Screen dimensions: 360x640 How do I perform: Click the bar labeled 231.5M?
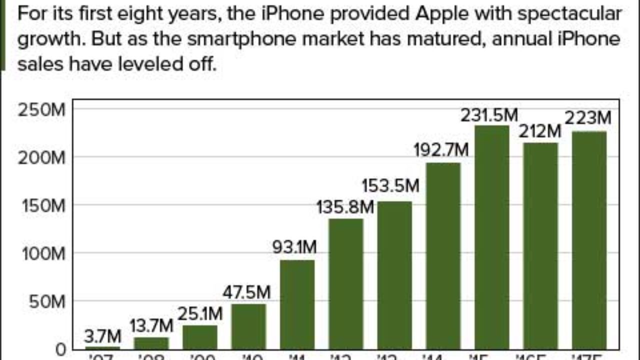(492, 237)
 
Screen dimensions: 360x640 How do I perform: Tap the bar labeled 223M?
(589, 240)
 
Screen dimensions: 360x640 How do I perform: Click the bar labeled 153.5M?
(394, 275)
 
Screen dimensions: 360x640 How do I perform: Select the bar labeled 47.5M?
(248, 326)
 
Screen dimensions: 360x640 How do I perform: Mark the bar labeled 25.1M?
(200, 337)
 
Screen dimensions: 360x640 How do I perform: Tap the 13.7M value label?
(151, 326)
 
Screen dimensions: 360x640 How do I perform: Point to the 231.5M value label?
(489, 115)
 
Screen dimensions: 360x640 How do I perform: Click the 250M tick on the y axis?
(42, 109)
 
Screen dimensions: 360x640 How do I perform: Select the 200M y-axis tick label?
(42, 158)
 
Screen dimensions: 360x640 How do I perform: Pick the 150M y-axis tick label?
(42, 206)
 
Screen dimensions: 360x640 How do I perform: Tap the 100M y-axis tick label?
(42, 254)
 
